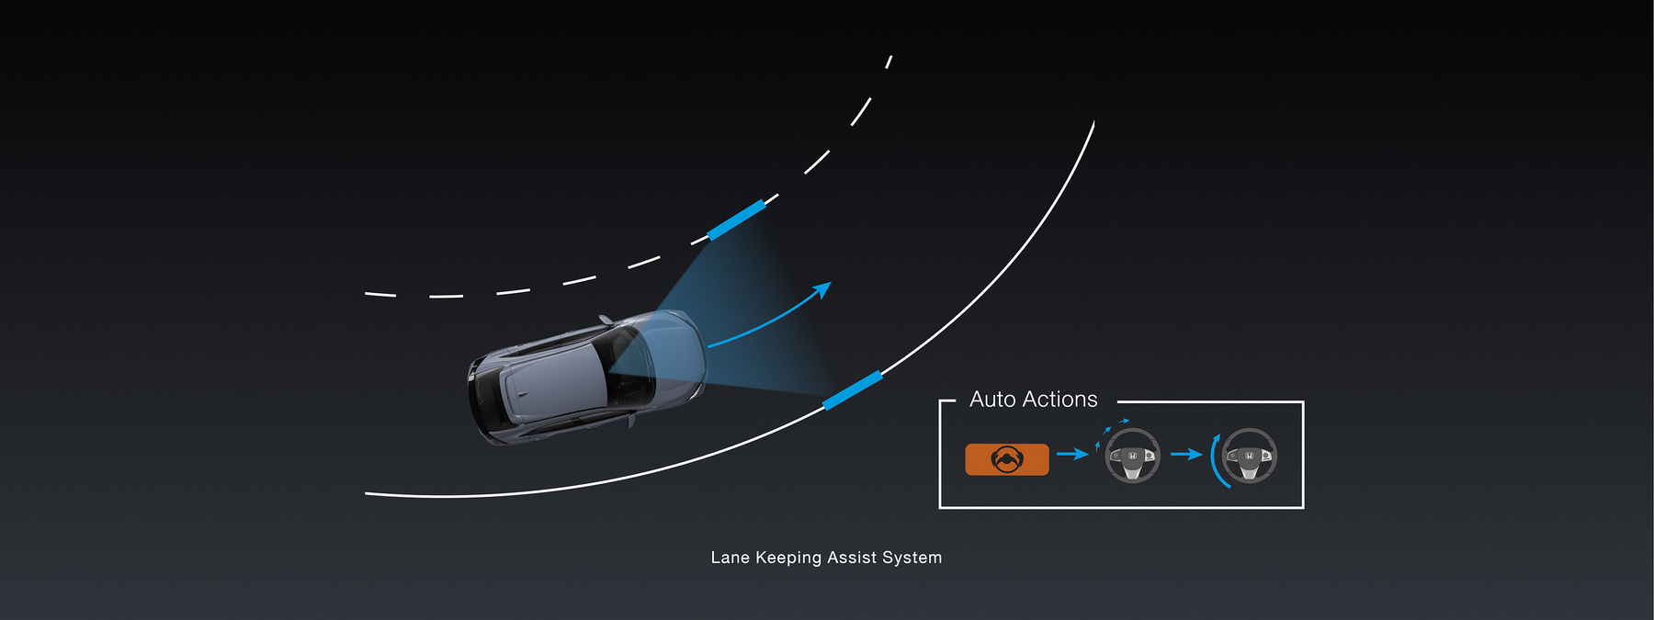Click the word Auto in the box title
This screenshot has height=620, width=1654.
[x=992, y=400]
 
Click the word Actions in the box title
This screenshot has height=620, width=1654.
[x=1059, y=400]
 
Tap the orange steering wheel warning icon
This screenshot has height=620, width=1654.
[x=1007, y=459]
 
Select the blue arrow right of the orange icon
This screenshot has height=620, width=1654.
[x=1072, y=454]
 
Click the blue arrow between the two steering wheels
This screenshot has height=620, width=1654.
[x=1186, y=454]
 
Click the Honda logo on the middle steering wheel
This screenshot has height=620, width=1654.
[x=1133, y=456]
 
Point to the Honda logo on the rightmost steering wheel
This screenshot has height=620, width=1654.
[x=1250, y=456]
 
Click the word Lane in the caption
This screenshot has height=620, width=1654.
[x=731, y=558]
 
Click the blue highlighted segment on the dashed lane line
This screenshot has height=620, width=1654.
[x=736, y=220]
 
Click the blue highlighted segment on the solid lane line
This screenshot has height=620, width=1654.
[x=853, y=390]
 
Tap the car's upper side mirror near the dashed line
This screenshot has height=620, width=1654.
[x=606, y=320]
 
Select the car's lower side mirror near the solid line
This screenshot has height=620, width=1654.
[x=631, y=420]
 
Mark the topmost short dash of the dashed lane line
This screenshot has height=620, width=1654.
[x=889, y=62]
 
